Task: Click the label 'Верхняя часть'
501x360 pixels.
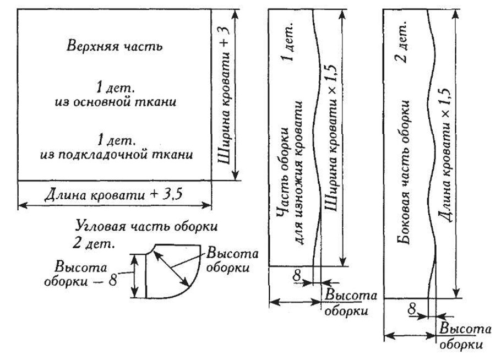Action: pos(115,46)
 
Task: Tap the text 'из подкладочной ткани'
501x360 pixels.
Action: pos(116,154)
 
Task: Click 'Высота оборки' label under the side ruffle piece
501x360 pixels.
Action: pos(465,336)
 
